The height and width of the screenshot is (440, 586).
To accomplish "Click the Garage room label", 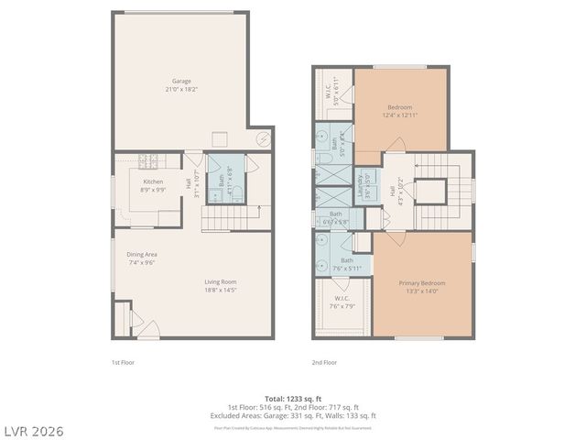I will pos(182,81).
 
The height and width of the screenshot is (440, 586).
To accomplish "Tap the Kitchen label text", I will pos(153,181).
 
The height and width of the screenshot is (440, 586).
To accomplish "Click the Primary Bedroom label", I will pos(421,283).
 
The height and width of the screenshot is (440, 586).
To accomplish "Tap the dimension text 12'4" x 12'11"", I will pos(402,115).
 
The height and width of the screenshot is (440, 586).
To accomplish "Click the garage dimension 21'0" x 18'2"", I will pos(182,90).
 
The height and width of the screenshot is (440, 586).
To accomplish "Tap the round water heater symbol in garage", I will pos(263,139).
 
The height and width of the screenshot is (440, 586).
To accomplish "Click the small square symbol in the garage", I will pos(220,138).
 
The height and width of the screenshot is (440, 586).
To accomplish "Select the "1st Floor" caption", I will pos(125,363).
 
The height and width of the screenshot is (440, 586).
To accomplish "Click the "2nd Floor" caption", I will pos(324,363).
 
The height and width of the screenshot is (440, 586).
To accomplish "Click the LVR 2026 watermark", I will pos(32,430).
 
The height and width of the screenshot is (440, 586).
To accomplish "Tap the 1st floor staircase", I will pos(224,217).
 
